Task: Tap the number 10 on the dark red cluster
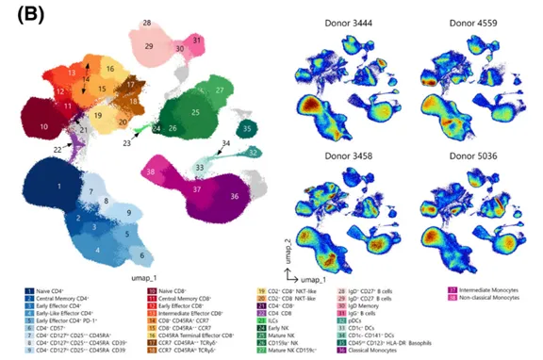click(x=44, y=124)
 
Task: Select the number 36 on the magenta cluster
click(x=233, y=196)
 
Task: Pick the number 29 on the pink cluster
click(x=149, y=45)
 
